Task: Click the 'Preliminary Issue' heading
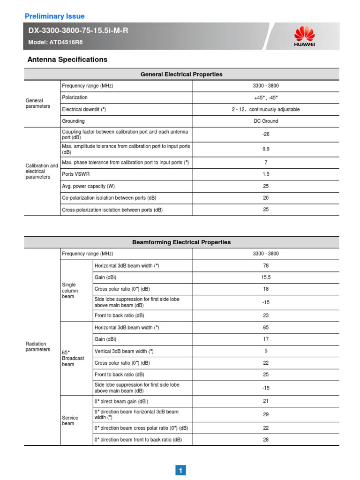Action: click(54, 16)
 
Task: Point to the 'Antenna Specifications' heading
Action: click(67, 60)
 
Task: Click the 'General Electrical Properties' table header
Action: click(181, 75)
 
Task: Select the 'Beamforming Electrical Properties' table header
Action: click(181, 242)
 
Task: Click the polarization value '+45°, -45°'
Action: click(266, 98)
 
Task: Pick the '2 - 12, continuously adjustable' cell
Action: click(266, 110)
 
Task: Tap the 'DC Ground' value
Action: click(266, 121)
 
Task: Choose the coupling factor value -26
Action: click(266, 135)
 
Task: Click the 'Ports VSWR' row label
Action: click(75, 174)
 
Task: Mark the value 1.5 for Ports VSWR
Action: click(266, 174)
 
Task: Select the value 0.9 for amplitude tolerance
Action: click(266, 150)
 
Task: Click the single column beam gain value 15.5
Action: click(266, 277)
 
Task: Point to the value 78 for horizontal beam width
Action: click(266, 266)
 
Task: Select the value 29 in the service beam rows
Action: click(266, 415)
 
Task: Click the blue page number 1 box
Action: click(181, 470)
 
